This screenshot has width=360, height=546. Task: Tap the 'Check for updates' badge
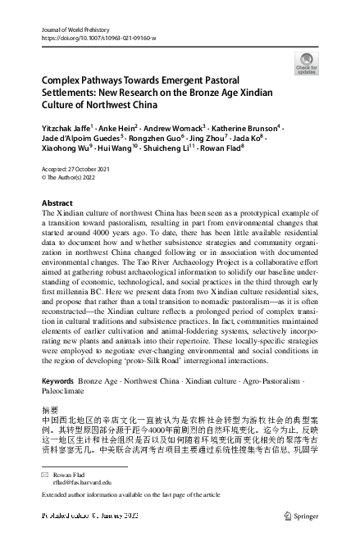pyautogui.click(x=306, y=64)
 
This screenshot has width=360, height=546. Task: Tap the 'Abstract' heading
pyautogui.click(x=58, y=202)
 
